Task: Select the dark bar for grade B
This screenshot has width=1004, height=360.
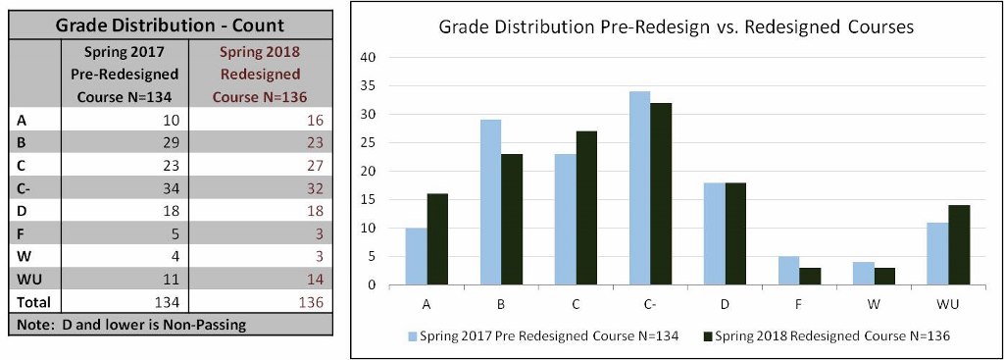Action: (x=513, y=220)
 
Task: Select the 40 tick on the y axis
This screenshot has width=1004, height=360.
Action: (x=370, y=57)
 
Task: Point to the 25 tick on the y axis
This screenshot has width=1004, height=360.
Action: (x=370, y=142)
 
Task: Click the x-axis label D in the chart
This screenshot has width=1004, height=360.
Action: (x=724, y=303)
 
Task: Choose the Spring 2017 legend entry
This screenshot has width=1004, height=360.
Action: (x=544, y=336)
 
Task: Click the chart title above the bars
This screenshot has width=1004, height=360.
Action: (x=676, y=27)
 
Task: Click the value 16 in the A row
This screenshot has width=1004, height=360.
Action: (x=314, y=120)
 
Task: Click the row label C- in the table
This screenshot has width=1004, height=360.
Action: (x=26, y=188)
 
